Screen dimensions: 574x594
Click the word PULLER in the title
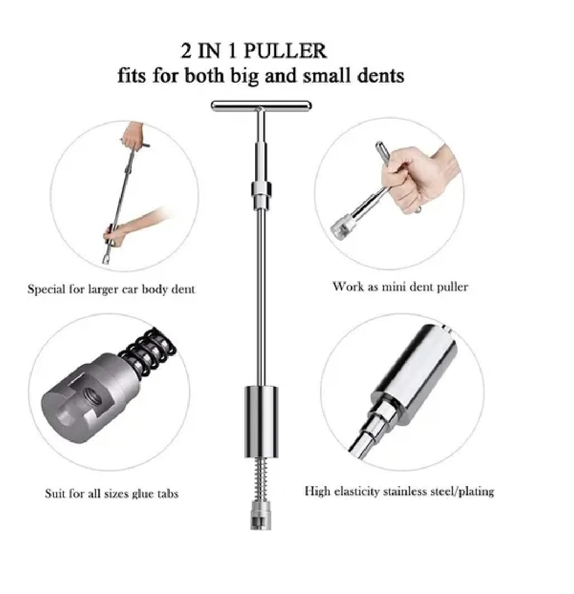click(284, 51)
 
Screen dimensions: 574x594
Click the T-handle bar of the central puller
click(262, 105)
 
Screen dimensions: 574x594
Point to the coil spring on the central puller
click(262, 478)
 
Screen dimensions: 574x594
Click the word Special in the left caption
click(46, 289)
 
